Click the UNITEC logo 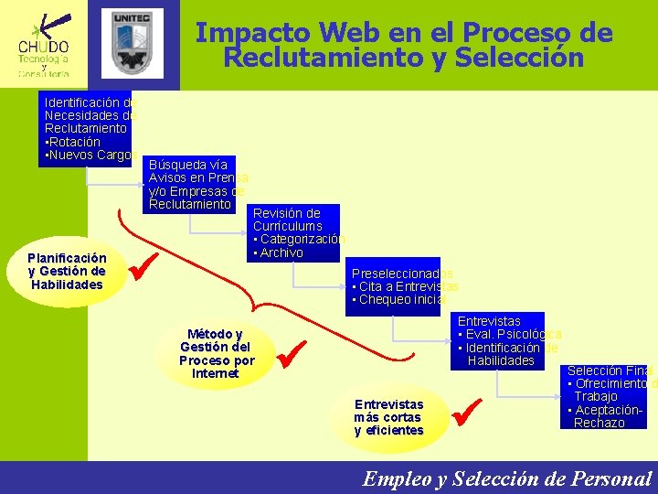(x=136, y=43)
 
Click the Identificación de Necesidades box (x=90, y=129)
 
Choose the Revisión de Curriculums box (x=295, y=232)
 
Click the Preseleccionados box (x=395, y=286)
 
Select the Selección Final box (x=609, y=396)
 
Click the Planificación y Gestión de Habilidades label (x=67, y=271)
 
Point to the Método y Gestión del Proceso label (x=217, y=353)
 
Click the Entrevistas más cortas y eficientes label (x=388, y=417)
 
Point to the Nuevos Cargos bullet (x=88, y=156)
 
